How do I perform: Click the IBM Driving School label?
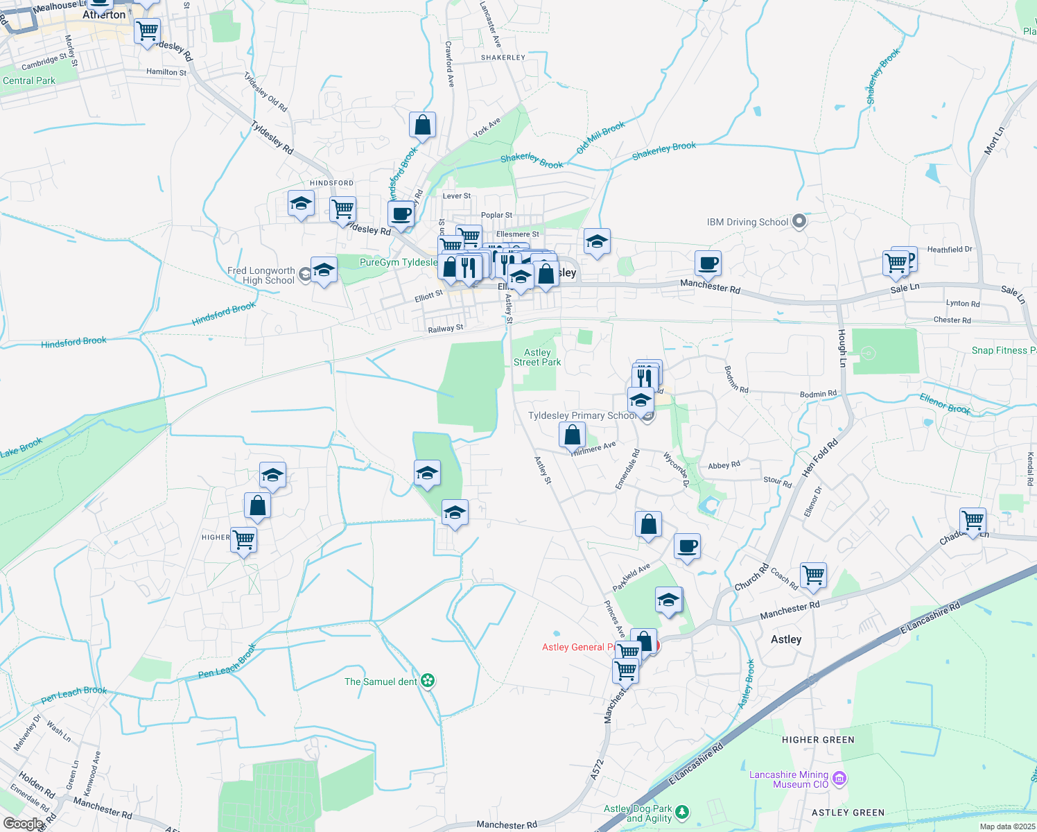747,223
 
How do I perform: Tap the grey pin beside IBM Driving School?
799,222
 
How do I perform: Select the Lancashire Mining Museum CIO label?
789,779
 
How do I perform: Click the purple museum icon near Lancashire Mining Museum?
839,779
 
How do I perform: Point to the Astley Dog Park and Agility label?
638,813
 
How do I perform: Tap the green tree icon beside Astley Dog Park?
683,812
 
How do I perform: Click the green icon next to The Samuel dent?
428,681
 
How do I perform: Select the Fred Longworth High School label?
261,275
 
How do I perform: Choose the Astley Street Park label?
537,357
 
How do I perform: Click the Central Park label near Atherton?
29,80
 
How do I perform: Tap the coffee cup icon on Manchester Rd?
708,263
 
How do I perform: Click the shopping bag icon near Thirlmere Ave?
573,435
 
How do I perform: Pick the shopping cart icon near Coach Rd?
813,575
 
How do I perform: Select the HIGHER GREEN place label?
818,740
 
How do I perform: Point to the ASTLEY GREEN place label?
848,813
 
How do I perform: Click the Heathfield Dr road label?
950,250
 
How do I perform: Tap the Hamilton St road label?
166,72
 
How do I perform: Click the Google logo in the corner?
24,824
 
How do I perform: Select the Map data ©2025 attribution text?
1007,826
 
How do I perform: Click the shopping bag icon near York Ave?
422,126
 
